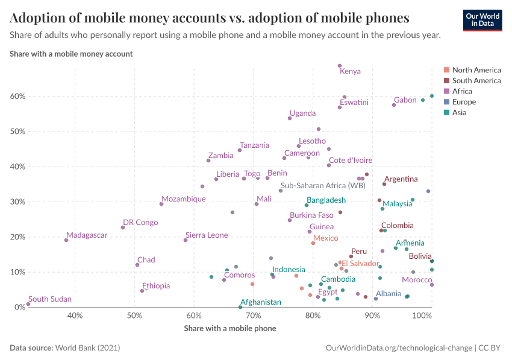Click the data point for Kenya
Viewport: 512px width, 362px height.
(x=340, y=66)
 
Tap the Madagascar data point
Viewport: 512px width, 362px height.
(x=66, y=240)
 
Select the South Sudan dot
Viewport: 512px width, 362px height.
(x=28, y=304)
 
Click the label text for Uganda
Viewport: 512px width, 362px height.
(x=302, y=113)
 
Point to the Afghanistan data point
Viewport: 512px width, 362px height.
(x=240, y=307)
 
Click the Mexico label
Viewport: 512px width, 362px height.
(x=325, y=238)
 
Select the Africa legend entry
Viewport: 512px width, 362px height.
(x=463, y=91)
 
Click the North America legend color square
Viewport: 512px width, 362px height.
(x=446, y=70)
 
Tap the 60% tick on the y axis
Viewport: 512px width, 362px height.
(x=17, y=97)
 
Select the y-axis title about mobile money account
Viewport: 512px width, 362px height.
(x=71, y=54)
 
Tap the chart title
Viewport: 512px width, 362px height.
(x=210, y=17)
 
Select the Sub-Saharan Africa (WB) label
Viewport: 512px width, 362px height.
(x=323, y=186)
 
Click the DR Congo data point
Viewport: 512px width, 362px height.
(x=123, y=227)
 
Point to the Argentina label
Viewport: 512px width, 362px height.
(x=401, y=179)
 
